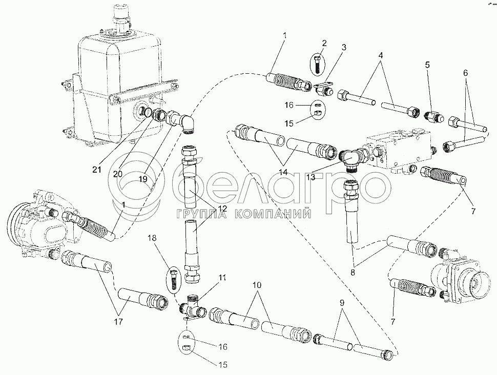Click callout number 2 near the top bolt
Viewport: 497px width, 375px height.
pos(324,43)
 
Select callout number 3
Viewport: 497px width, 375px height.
pos(344,47)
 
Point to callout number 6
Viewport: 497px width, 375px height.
pos(465,73)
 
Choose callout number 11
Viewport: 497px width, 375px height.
pos(222,278)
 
